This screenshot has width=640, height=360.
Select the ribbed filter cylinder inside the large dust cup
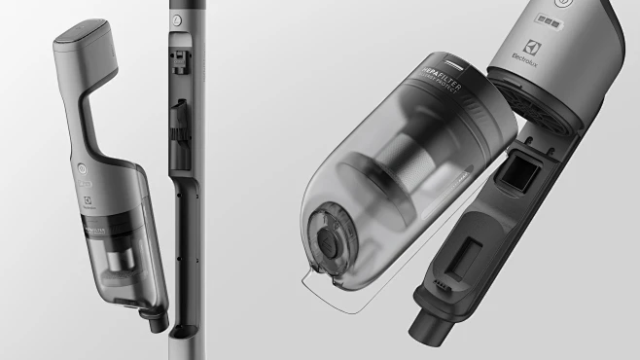[x=409, y=165]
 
